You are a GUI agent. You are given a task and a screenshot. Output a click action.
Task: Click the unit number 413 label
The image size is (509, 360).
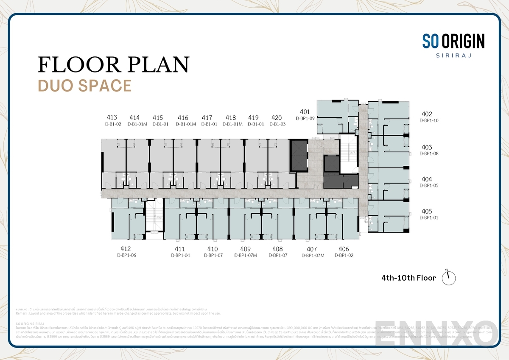(x=112, y=117)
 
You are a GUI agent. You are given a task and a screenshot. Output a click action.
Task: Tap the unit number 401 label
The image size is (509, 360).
(x=305, y=112)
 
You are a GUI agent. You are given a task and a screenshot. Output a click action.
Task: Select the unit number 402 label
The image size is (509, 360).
(x=427, y=114)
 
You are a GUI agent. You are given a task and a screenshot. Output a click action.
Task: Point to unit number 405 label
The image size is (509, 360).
(x=427, y=211)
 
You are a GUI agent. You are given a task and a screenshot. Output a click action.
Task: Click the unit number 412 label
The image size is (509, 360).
(x=126, y=249)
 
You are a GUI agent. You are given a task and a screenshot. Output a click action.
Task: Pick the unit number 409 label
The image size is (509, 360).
(x=245, y=249)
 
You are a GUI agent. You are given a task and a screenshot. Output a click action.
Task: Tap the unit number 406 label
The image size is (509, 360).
(x=344, y=249)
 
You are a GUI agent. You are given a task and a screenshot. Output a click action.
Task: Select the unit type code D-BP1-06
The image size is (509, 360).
(x=126, y=255)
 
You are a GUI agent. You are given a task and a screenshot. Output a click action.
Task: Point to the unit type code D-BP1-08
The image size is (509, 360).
(x=429, y=153)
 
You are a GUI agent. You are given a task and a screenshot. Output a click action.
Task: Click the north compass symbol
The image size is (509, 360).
(x=449, y=277)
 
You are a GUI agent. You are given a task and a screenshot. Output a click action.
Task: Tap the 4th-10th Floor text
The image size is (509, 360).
(x=408, y=278)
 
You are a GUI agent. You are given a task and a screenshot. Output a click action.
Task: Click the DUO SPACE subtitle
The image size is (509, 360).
(x=84, y=85)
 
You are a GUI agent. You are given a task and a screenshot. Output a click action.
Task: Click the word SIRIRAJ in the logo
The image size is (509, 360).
(x=453, y=55)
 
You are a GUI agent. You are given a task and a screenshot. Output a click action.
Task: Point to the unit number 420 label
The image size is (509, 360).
(x=277, y=117)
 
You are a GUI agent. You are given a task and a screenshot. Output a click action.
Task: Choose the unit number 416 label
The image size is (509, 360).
(x=183, y=117)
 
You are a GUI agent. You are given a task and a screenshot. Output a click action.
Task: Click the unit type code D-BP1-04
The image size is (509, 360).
(x=180, y=255)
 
